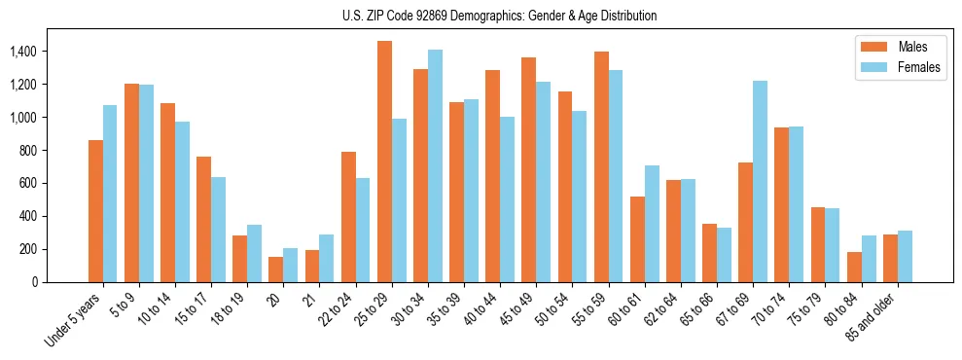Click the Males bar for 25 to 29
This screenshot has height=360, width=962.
coord(384,162)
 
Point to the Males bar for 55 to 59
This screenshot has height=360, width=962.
coord(601,166)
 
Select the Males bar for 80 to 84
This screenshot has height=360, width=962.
coord(854,267)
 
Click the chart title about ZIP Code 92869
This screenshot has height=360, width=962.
coord(499,16)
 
